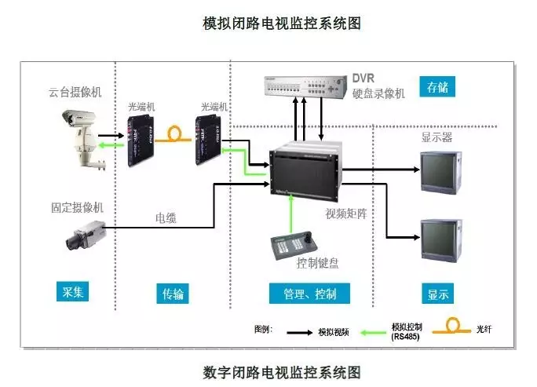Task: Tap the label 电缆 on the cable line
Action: click(166, 217)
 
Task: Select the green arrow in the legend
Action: click(375, 331)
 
